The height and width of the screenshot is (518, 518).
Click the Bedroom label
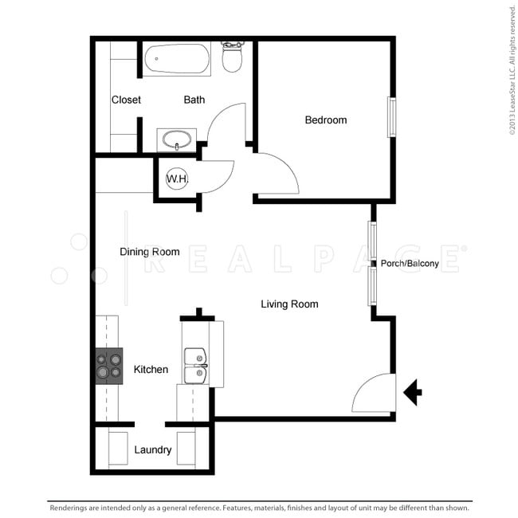(326, 120)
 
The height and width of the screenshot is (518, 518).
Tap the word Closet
(126, 100)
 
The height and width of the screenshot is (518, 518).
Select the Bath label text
(194, 100)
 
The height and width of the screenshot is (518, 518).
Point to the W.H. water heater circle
(177, 179)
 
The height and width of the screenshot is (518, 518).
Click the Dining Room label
(149, 252)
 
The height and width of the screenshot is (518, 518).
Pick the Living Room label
(289, 304)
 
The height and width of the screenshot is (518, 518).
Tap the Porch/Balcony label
(410, 264)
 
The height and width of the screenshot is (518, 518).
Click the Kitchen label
(151, 370)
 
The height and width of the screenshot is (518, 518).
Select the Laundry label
(152, 450)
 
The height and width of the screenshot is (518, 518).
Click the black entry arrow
(413, 392)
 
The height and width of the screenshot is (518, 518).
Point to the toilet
(232, 57)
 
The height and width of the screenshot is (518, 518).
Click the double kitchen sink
(195, 367)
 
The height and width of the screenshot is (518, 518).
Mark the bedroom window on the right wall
(391, 117)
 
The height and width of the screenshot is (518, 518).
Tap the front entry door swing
(373, 393)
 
